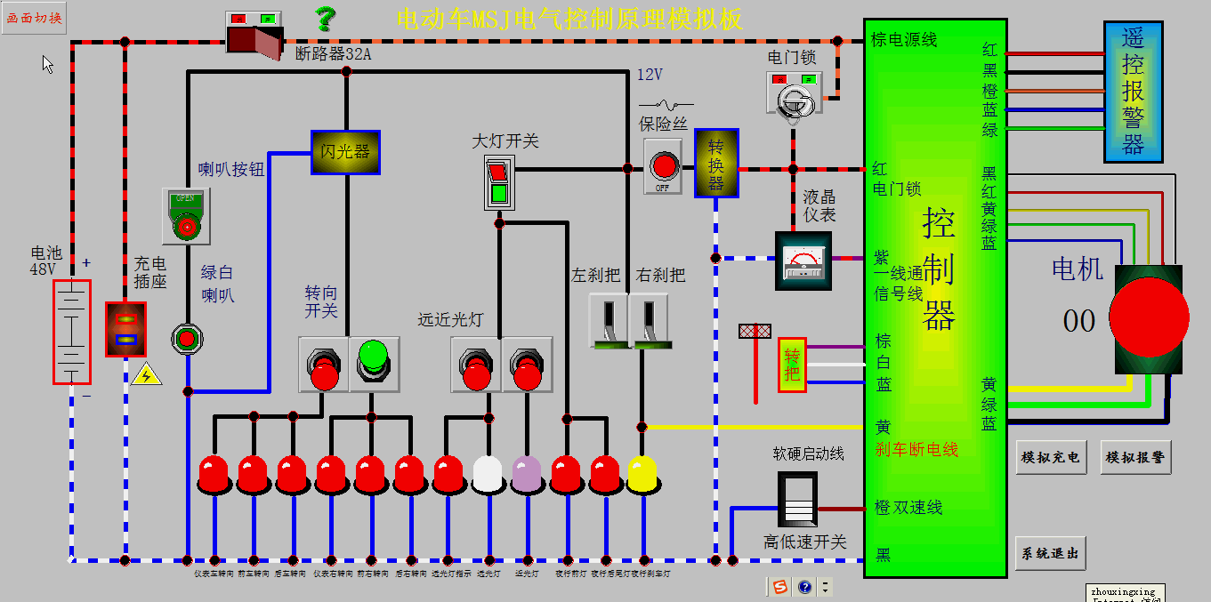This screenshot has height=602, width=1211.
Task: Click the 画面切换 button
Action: pyautogui.click(x=34, y=19)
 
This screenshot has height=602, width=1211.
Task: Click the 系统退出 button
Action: pyautogui.click(x=1050, y=553)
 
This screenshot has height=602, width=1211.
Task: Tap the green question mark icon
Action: pyautogui.click(x=326, y=18)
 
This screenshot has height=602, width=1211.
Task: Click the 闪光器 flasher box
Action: pyautogui.click(x=345, y=152)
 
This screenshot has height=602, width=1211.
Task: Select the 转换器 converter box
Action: pyautogui.click(x=716, y=163)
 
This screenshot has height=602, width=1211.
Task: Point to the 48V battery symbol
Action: pyautogui.click(x=71, y=332)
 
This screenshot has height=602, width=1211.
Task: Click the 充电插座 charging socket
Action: pyautogui.click(x=125, y=329)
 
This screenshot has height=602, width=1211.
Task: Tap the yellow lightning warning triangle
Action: pyautogui.click(x=147, y=374)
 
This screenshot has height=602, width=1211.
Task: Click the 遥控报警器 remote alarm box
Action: pyautogui.click(x=1132, y=92)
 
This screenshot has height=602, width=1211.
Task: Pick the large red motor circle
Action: pyautogui.click(x=1149, y=318)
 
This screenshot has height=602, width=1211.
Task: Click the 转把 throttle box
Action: pyautogui.click(x=792, y=365)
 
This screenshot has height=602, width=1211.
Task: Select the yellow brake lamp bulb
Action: pyautogui.click(x=642, y=475)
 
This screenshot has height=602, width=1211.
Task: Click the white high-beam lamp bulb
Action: pyautogui.click(x=488, y=475)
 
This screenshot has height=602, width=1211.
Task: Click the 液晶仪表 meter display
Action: pyautogui.click(x=803, y=261)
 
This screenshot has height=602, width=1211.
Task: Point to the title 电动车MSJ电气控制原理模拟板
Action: pyautogui.click(x=569, y=19)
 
